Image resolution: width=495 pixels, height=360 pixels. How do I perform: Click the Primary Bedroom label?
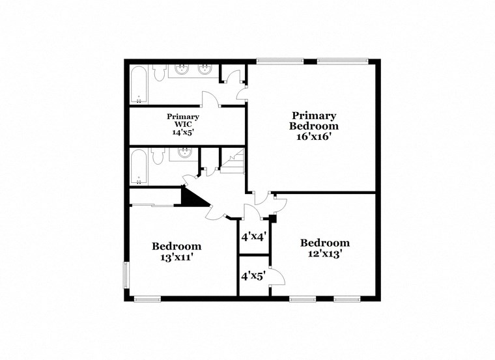tap(314, 120)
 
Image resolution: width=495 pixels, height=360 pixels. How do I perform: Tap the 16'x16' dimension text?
tap(314, 137)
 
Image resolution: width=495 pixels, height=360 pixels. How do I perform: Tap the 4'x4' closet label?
tap(253, 237)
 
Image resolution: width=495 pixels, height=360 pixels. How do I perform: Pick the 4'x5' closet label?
tap(253, 275)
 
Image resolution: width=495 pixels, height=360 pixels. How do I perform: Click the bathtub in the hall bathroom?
tap(139, 168)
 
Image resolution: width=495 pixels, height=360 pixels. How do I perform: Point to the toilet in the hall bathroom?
tap(157, 157)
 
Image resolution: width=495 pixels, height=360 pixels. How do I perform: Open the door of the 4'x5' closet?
tap(276, 277)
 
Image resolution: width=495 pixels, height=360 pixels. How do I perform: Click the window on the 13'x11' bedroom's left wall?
tap(126, 274)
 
